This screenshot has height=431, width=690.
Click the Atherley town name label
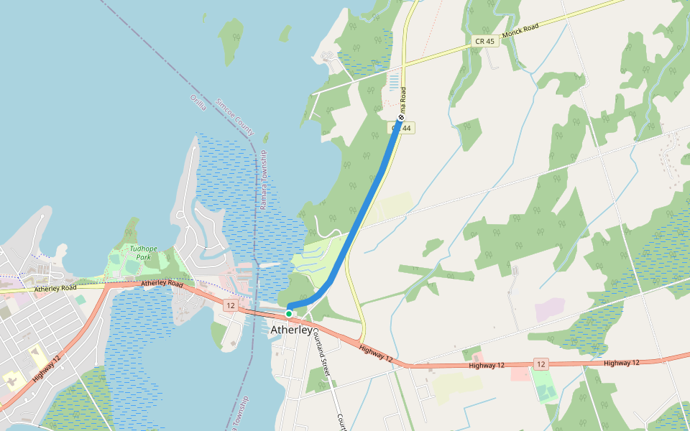[x=292, y=330]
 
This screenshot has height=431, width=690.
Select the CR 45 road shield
[x=485, y=42]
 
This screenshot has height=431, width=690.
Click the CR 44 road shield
[x=404, y=128]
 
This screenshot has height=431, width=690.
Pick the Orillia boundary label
[x=198, y=102]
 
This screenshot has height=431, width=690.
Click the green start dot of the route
[x=289, y=313]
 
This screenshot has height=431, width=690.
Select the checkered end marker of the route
[x=400, y=117]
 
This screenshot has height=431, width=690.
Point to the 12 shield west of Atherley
[x=230, y=305]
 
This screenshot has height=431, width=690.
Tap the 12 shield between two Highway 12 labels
[x=541, y=363]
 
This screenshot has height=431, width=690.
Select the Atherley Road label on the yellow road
[x=55, y=289]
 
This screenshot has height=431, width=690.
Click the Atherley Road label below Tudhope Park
[x=162, y=284]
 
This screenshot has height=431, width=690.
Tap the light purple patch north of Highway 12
[x=550, y=310]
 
